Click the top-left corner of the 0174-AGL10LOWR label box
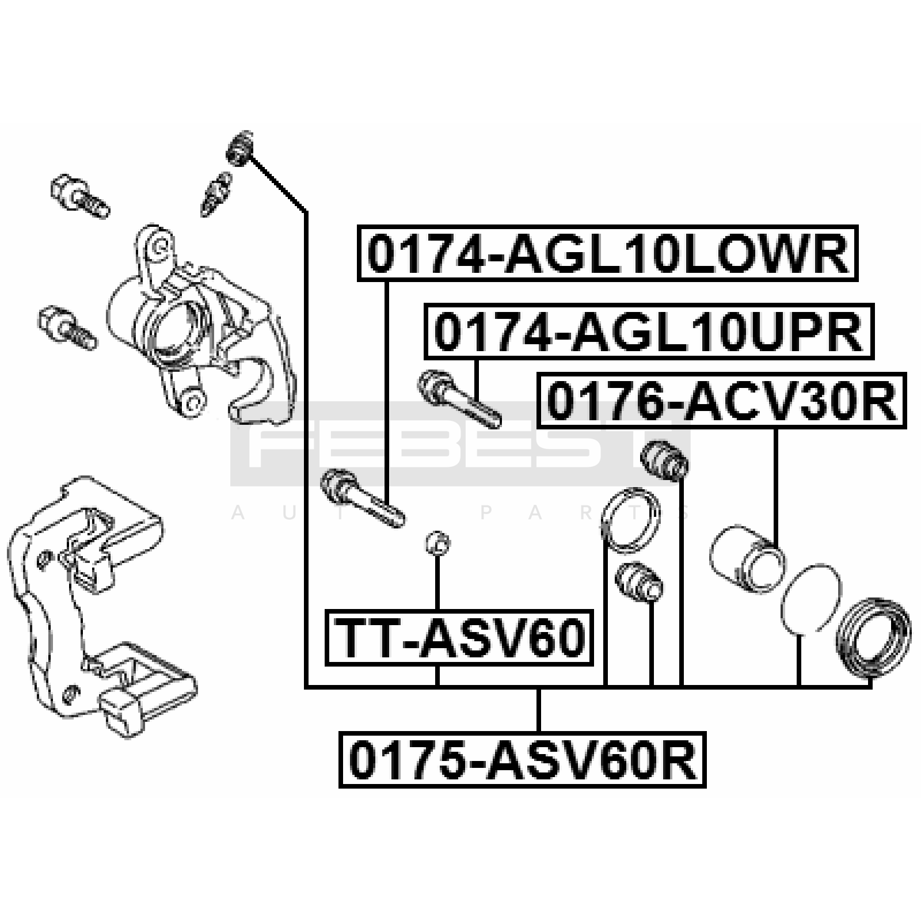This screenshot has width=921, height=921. point(358,226)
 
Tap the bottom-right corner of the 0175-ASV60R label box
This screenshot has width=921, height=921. point(705,786)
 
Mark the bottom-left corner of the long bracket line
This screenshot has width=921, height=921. point(306,687)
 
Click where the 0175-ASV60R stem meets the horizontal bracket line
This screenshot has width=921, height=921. point(538,687)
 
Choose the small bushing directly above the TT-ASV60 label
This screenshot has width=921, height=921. point(438,542)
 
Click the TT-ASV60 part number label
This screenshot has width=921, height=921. point(459,638)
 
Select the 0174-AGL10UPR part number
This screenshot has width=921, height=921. point(649,332)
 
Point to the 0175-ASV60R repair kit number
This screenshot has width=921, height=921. point(522,759)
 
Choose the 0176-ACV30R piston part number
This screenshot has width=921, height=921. point(721,401)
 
